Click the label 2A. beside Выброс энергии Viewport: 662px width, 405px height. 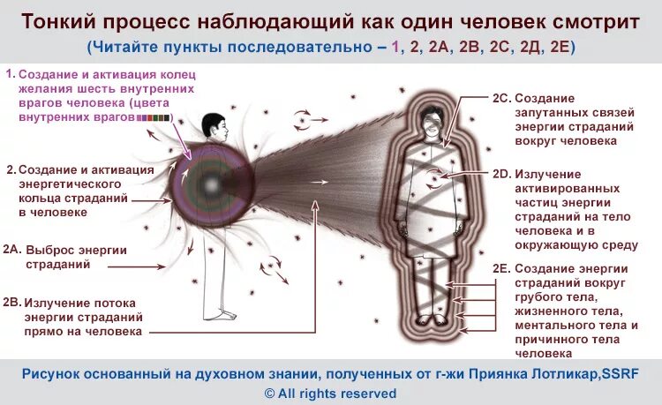pyautogui.click(x=11, y=250)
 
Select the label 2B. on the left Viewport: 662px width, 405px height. pyautogui.click(x=11, y=301)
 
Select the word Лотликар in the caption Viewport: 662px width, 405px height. pyautogui.click(x=530, y=373)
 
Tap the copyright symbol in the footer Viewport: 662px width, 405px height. pyautogui.click(x=270, y=394)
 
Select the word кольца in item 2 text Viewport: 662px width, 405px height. pyautogui.click(x=43, y=199)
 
